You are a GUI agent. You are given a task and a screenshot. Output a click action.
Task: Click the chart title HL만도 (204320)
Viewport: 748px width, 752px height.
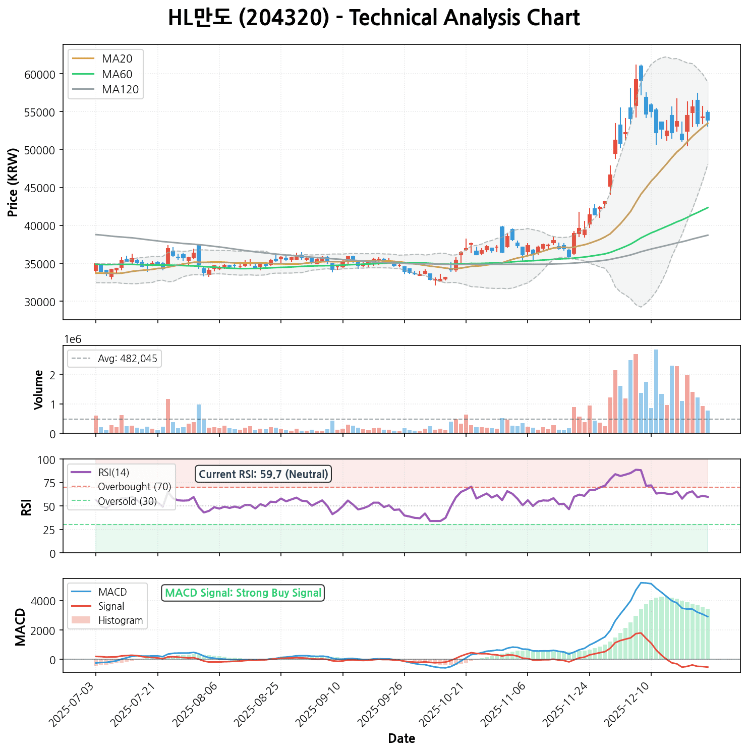coord(374,19)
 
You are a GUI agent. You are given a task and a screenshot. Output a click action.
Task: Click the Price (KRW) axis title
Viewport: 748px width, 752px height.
coord(14,182)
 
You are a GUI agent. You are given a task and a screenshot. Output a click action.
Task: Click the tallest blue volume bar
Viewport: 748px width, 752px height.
coord(656,391)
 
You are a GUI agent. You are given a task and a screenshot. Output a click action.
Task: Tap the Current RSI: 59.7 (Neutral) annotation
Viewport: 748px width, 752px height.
coord(263,474)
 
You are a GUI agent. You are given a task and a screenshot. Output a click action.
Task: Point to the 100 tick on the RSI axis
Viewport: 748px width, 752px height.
coord(48,460)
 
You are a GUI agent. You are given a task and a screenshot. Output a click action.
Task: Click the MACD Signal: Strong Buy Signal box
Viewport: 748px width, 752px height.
coord(243,593)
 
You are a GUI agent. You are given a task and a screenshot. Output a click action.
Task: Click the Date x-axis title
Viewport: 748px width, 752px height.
coord(401,739)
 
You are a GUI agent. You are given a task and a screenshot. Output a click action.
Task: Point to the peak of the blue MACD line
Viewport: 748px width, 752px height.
coord(641,583)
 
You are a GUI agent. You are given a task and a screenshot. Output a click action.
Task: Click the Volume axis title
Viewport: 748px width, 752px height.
coord(38,389)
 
